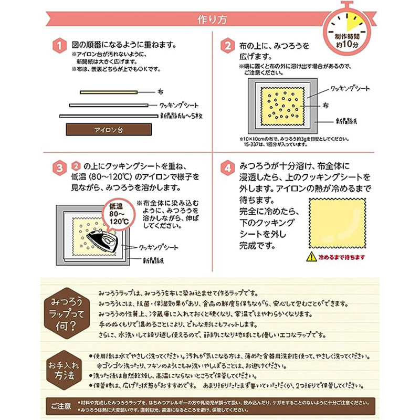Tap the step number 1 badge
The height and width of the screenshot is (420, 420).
tap(60, 46)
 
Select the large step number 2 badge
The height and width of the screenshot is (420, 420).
tap(226, 46)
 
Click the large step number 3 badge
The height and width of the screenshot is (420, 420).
tap(60, 169)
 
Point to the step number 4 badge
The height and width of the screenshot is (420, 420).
tap(226, 169)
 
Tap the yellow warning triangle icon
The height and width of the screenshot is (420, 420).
tap(308, 257)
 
